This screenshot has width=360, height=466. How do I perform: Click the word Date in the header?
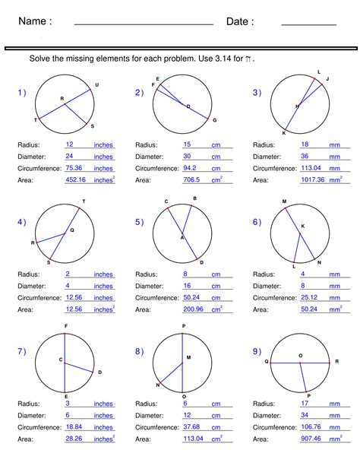[240, 22]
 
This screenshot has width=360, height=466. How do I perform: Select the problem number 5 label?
[139, 222]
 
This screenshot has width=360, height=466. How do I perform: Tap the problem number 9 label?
[257, 351]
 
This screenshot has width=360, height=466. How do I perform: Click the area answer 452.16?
[76, 180]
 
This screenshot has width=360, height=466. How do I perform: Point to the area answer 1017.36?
[311, 180]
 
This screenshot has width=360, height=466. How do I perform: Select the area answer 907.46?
[311, 439]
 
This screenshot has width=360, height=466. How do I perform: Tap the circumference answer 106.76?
[311, 427]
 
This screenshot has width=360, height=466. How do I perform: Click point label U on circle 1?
[96, 84]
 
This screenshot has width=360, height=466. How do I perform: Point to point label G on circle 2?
[214, 120]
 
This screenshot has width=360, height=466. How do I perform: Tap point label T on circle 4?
[84, 201]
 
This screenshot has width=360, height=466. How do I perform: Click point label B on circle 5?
[195, 198]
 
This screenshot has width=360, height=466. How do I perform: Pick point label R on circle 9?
[336, 362]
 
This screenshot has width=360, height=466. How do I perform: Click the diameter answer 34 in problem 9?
[305, 415]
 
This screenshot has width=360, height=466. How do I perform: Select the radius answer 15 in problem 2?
[187, 144]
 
